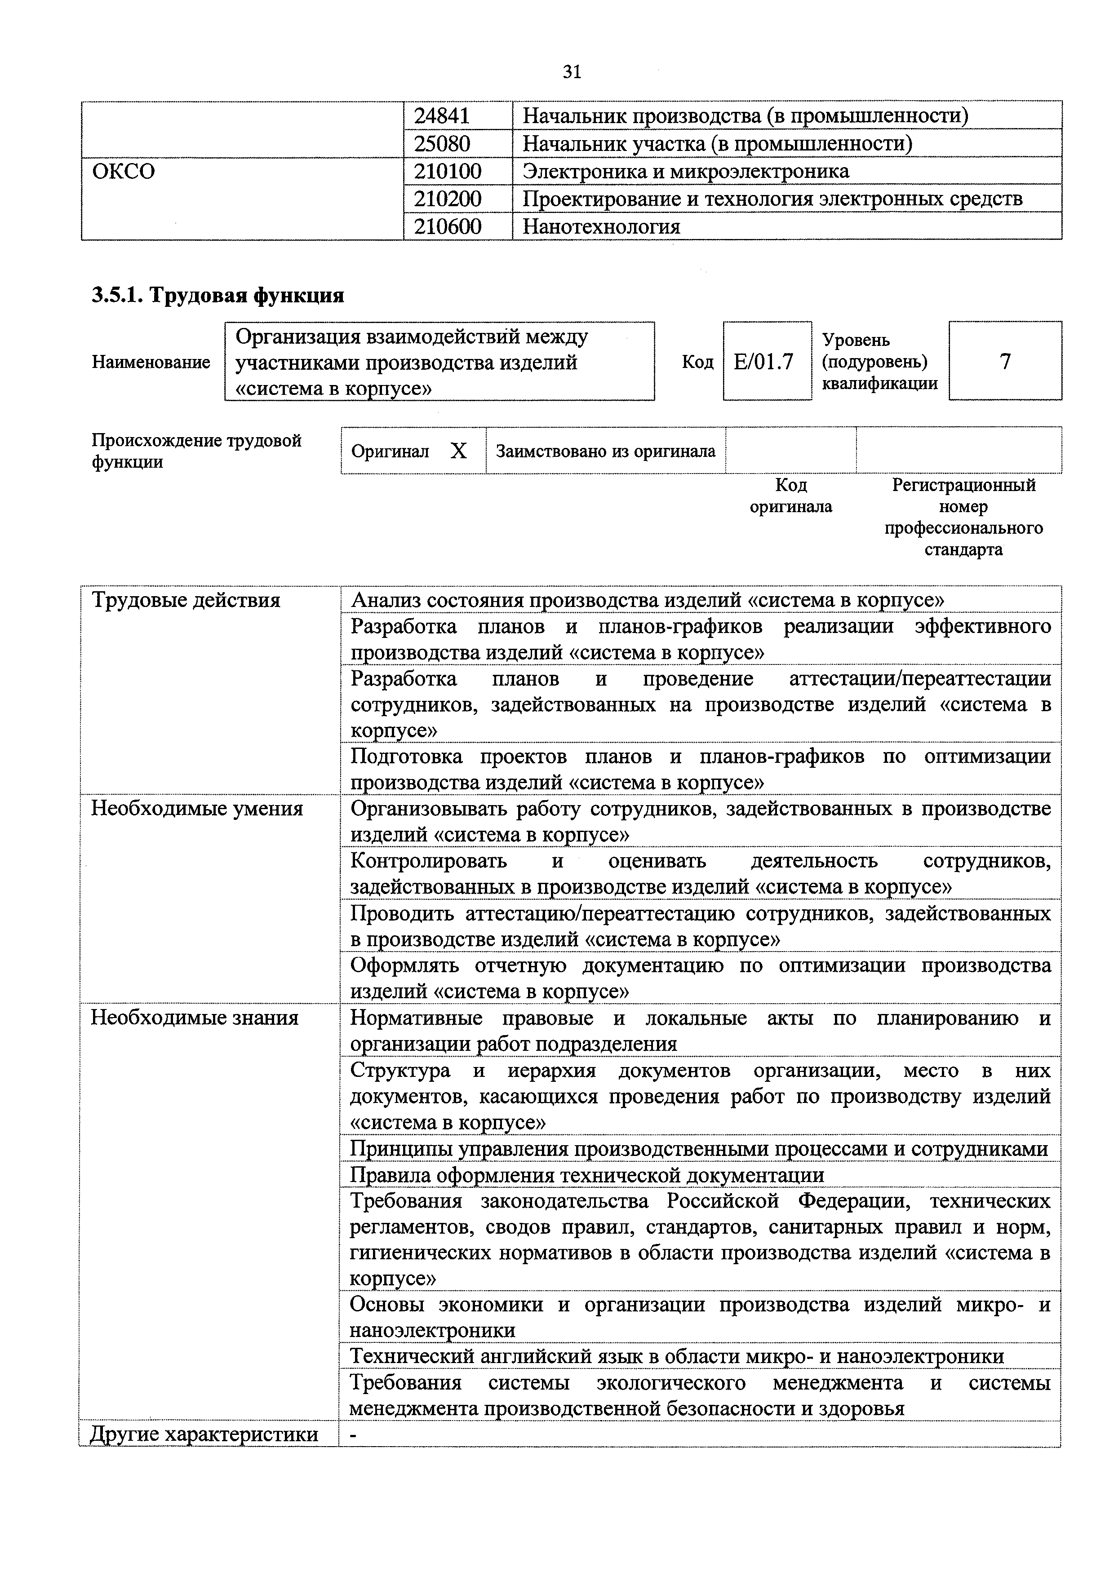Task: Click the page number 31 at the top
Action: (572, 71)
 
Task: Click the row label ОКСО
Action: (124, 171)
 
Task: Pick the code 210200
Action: (448, 199)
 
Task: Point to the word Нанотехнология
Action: (601, 226)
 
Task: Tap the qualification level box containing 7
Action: (1005, 361)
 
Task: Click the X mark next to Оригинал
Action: (458, 451)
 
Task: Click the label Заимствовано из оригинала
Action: (605, 451)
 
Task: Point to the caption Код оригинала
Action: (791, 496)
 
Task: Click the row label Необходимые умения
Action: (197, 809)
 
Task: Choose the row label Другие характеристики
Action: (204, 1434)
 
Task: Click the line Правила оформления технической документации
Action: (587, 1175)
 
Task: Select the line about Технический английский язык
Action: (676, 1356)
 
